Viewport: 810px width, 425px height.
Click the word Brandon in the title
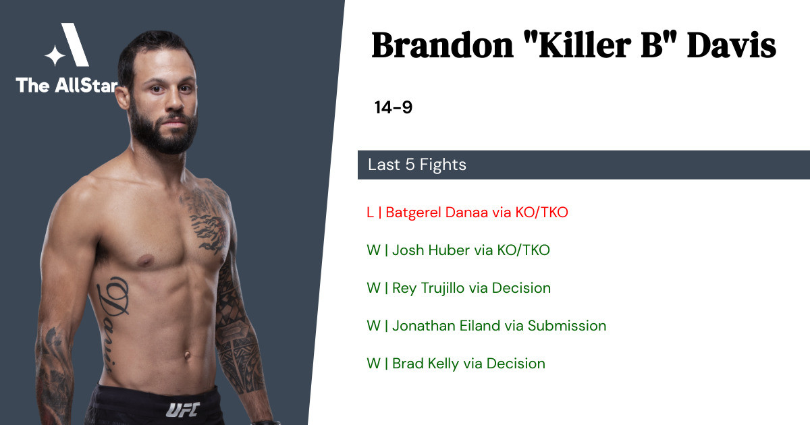442,46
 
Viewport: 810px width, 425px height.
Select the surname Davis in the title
731,46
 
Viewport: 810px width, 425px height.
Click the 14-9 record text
394,107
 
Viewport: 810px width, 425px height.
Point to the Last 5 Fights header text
417,165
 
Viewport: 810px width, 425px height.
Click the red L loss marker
370,213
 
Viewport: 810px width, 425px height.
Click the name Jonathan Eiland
458,326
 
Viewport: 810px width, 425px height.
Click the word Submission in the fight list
566,326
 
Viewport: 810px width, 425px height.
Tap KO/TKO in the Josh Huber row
523,250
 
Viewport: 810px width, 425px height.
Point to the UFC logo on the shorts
183,410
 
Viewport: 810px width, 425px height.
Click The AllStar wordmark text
67,85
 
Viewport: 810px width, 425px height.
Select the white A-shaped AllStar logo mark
67,45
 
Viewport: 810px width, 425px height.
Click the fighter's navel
187,356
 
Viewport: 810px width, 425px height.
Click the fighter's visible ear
123,97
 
